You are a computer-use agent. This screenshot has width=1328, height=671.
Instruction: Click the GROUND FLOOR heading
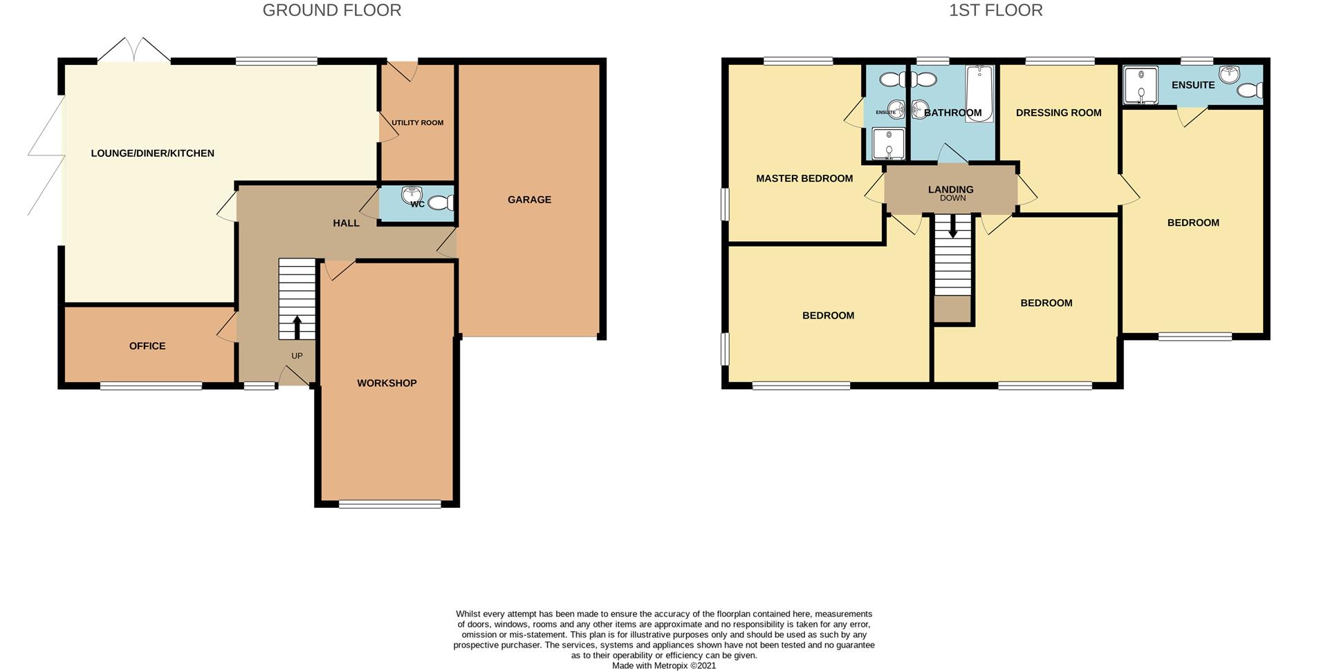pyautogui.click(x=331, y=10)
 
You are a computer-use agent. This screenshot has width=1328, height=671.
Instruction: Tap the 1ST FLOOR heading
pyautogui.click(x=995, y=10)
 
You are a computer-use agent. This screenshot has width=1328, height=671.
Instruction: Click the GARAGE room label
pyautogui.click(x=529, y=200)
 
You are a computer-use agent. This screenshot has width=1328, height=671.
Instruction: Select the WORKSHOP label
pyautogui.click(x=387, y=383)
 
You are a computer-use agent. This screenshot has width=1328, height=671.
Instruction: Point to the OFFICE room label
pyautogui.click(x=147, y=346)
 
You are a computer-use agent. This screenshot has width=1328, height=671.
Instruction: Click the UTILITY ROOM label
pyautogui.click(x=417, y=123)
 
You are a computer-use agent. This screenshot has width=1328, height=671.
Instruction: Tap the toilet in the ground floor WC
pyautogui.click(x=441, y=203)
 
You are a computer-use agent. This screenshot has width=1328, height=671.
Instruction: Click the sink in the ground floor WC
pyautogui.click(x=415, y=193)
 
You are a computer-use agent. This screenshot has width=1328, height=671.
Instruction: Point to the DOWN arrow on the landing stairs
pyautogui.click(x=952, y=226)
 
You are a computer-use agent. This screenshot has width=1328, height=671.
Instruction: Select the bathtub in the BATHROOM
pyautogui.click(x=979, y=93)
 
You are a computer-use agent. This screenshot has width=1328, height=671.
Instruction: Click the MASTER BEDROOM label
pyautogui.click(x=804, y=178)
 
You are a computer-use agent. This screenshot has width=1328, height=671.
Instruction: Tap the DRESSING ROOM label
pyautogui.click(x=1058, y=113)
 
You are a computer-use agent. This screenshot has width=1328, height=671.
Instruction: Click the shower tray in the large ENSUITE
pyautogui.click(x=1140, y=85)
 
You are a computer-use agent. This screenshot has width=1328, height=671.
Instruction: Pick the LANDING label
pyautogui.click(x=950, y=189)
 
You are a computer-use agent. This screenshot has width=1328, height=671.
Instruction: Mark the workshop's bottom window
pyautogui.click(x=389, y=504)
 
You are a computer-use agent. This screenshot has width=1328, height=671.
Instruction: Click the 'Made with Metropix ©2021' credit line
pyautogui.click(x=663, y=665)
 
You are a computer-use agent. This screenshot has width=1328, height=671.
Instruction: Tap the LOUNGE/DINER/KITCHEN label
pyautogui.click(x=152, y=153)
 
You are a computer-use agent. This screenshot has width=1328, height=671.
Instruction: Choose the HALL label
pyautogui.click(x=346, y=223)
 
